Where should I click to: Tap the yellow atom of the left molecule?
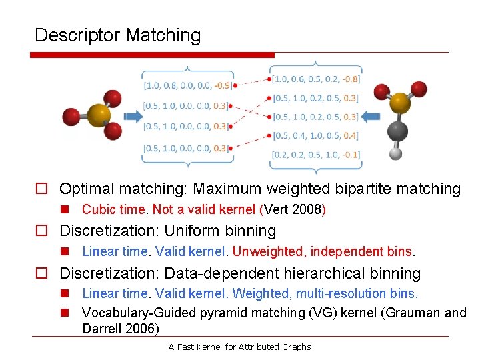click(x=98, y=115)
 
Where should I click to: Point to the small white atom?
click(x=396, y=153)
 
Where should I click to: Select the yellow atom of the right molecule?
click(x=399, y=103)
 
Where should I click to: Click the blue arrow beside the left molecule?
click(x=133, y=117)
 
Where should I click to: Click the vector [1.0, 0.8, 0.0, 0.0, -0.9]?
click(x=187, y=85)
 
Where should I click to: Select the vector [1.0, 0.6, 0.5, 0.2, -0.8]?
click(x=315, y=79)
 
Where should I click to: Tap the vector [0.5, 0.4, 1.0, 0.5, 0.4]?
click(x=315, y=136)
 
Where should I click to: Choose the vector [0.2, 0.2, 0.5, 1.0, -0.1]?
click(x=315, y=155)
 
